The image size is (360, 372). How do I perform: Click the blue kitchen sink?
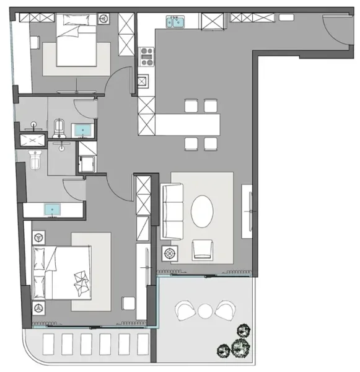(x=176, y=22)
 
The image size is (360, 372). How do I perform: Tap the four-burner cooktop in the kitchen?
(x=147, y=58)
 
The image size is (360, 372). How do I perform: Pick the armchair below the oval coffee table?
(x=203, y=250)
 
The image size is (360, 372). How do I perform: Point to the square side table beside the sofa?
(x=169, y=254)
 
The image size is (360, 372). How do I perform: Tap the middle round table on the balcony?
(x=204, y=309)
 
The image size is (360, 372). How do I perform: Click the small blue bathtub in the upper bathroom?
(x=82, y=130)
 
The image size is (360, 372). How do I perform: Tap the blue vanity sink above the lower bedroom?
(x=53, y=210)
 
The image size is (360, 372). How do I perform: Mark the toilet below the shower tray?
(x=35, y=161)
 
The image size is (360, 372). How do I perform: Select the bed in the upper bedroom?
(x=77, y=43)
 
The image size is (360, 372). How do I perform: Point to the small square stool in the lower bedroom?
(x=128, y=303)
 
